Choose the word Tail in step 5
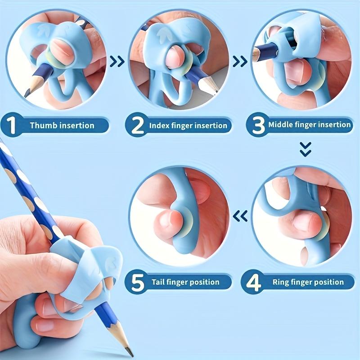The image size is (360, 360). [157, 283]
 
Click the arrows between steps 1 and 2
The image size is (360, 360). [117, 61]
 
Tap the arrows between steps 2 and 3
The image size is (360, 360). [239, 61]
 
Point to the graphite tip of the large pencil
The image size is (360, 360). [130, 352]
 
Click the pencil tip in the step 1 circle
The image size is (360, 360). [28, 93]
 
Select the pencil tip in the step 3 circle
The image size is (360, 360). [256, 55]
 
